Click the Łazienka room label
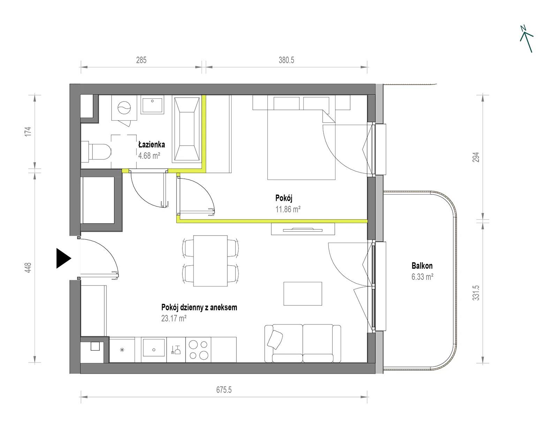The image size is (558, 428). pos(151,144)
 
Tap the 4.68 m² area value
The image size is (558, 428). pos(149,156)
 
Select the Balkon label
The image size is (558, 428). pos(422,266)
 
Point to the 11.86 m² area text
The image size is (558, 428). pos(288,209)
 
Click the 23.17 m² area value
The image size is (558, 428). pos(174,319)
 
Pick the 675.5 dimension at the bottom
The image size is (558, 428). pos(224,390)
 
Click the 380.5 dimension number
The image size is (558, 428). pos(286,60)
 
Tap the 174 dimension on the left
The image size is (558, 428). pos(28,131)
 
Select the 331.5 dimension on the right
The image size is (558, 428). pos(476,293)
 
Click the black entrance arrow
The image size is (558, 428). pos(63,258)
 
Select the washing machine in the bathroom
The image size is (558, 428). pos(124,108)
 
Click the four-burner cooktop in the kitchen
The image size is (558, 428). pos(198,350)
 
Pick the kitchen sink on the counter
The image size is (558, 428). pos(154,348)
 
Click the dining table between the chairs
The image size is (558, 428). pos(210,261)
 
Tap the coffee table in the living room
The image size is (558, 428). pos(303,293)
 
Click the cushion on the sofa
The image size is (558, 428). pos(275,339)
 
